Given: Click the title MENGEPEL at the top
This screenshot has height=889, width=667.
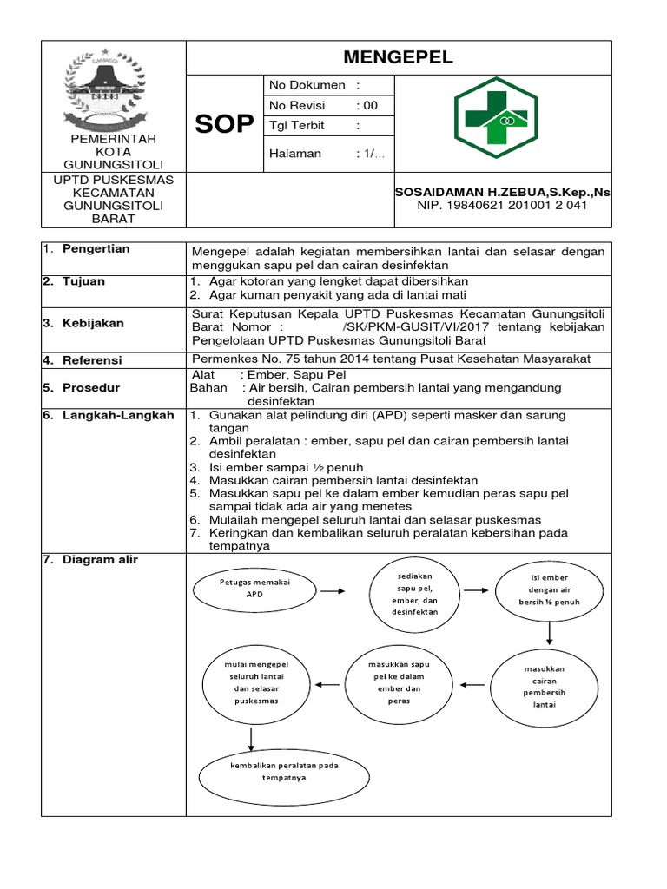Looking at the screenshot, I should click(399, 57).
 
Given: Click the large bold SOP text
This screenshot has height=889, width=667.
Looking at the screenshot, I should click(224, 125).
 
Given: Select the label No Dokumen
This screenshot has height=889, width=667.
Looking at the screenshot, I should click(307, 85).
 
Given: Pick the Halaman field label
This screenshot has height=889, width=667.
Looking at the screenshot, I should click(295, 154).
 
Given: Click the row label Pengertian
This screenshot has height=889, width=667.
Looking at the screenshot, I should click(96, 249).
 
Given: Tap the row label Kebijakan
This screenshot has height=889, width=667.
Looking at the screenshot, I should click(98, 323).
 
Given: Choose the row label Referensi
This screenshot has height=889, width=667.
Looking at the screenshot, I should click(96, 359).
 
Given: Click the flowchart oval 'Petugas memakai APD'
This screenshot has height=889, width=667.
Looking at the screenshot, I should click(255, 590).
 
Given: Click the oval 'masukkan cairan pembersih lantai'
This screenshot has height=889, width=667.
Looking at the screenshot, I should click(545, 686).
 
